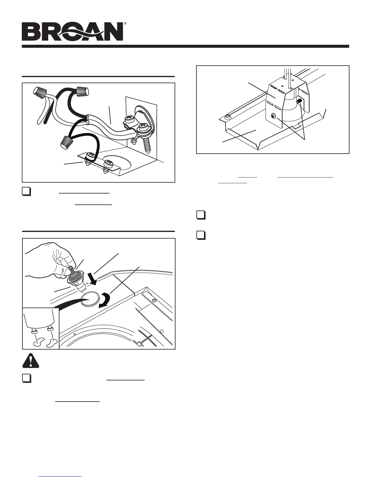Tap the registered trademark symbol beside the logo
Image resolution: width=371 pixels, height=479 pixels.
[125, 23]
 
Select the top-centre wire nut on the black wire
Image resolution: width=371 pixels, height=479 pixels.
[82, 90]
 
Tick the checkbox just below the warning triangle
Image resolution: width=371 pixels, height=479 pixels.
[27, 378]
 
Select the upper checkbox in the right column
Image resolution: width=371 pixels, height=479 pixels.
[200, 215]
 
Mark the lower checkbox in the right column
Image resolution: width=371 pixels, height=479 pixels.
[200, 235]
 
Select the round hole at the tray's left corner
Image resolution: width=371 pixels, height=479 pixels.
[227, 117]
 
